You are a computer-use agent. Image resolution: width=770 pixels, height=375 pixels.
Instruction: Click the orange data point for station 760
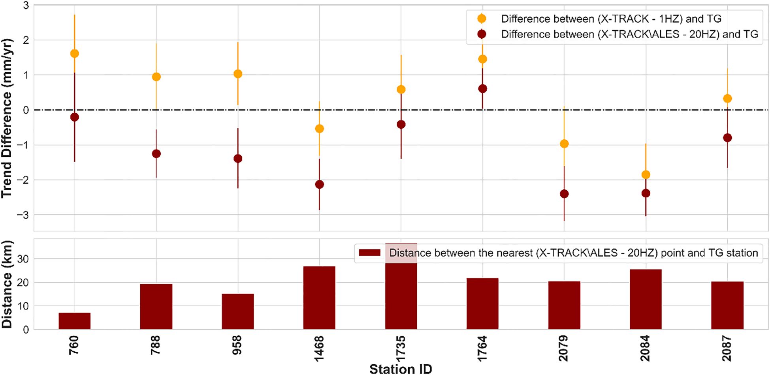74,54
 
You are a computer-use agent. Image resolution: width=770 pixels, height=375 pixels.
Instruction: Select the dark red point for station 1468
320,184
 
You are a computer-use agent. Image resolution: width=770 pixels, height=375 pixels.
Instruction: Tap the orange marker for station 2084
646,174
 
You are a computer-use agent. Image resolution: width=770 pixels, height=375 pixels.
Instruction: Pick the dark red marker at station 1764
482,89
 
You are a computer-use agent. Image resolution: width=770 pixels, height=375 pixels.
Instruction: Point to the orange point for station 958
238,74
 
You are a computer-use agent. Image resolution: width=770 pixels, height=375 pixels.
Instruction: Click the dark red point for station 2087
727,138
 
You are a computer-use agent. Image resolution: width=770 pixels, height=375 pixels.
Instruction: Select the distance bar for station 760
74,321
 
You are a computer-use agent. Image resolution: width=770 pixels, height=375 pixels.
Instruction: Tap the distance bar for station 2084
646,299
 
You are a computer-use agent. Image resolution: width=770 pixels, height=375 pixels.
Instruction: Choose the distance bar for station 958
238,311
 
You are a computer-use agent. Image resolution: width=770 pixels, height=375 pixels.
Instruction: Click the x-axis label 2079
564,348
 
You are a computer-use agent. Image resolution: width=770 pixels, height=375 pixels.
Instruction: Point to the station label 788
156,345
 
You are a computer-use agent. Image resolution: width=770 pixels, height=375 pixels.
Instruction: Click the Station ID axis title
401,369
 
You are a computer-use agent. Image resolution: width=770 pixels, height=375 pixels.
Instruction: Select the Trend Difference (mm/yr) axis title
7,118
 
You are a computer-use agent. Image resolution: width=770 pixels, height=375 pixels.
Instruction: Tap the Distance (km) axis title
7,284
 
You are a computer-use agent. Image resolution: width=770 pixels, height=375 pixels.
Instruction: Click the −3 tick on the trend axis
24,215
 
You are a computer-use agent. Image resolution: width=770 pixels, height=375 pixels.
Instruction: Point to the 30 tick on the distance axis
23,259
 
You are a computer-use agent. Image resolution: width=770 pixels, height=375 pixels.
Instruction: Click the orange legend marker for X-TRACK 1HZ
482,19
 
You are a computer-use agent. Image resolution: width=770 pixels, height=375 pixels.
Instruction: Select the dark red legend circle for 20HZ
482,34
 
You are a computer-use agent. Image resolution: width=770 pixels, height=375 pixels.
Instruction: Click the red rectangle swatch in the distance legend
369,253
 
